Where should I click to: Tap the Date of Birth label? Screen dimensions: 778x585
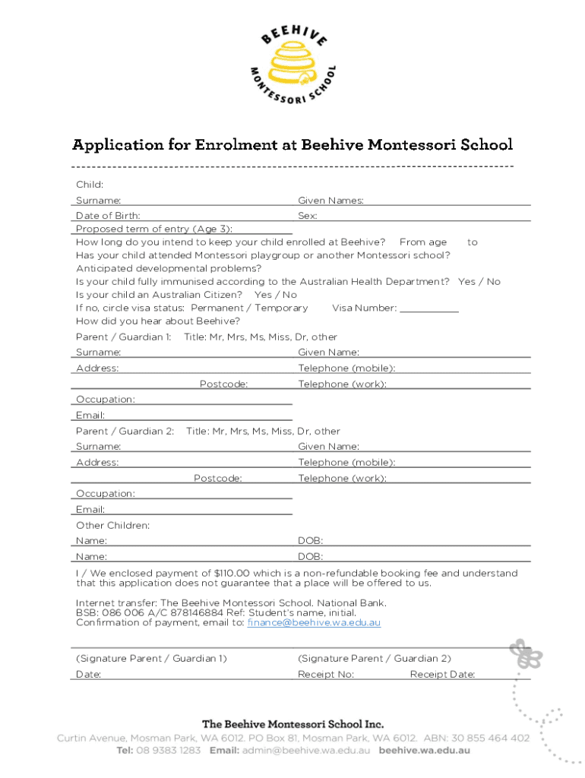tap(108, 216)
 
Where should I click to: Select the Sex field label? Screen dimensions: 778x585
tap(307, 216)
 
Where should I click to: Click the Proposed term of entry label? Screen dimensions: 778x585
tap(154, 229)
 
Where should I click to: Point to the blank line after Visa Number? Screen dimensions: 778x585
tap(429, 308)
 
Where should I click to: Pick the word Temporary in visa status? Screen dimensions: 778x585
tap(281, 308)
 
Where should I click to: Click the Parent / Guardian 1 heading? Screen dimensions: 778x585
tap(123, 337)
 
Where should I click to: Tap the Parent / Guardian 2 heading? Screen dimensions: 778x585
tap(125, 431)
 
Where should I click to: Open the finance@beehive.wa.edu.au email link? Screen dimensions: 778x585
tap(314, 622)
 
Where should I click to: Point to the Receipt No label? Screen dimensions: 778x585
tap(326, 674)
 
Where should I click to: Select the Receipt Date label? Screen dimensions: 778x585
tap(442, 674)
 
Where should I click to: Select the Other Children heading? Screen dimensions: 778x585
tap(112, 525)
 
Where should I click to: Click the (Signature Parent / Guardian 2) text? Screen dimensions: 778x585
tap(375, 658)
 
